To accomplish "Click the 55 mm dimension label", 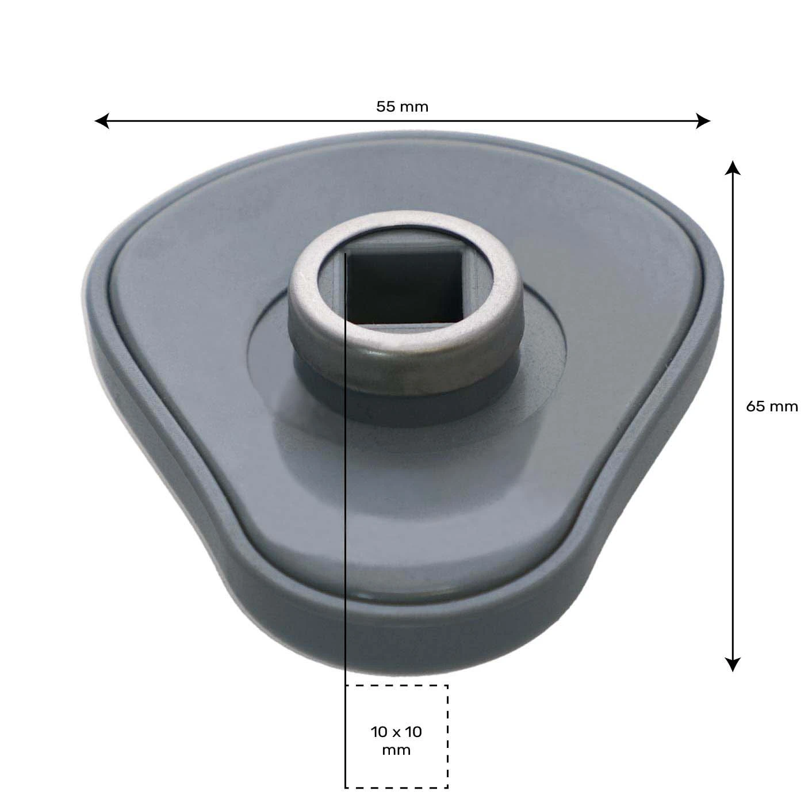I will coord(402,106).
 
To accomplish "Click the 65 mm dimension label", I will coord(772,407).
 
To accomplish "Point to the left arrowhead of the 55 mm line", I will coord(101,121).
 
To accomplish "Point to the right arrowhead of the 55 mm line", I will coord(703,121).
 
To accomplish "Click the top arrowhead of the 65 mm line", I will coord(731,167).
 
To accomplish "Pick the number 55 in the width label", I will coord(385,106).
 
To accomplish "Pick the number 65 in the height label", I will coord(756,407).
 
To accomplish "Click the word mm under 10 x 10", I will coord(396,750).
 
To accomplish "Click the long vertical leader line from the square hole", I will coord(345,518).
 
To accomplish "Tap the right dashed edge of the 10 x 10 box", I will coord(447,736).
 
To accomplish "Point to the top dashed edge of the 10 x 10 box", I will coord(397,685).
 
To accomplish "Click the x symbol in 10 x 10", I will coord(396,732).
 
